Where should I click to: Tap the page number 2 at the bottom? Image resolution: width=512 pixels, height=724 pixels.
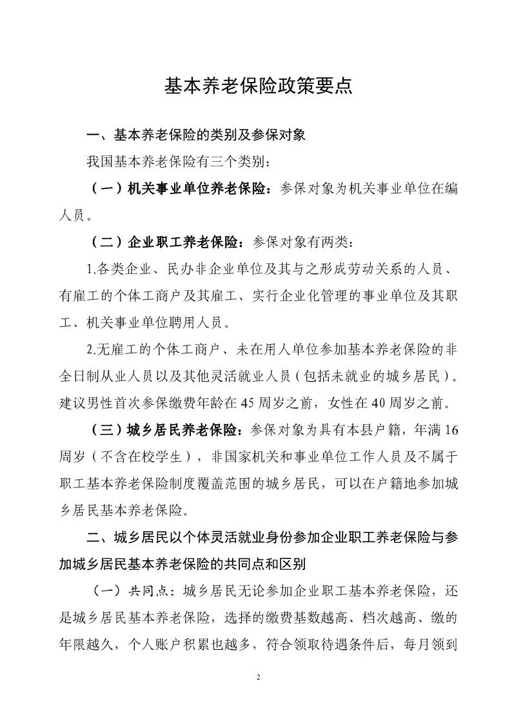click(x=257, y=677)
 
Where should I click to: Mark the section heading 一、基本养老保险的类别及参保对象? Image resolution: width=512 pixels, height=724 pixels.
click(x=200, y=135)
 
